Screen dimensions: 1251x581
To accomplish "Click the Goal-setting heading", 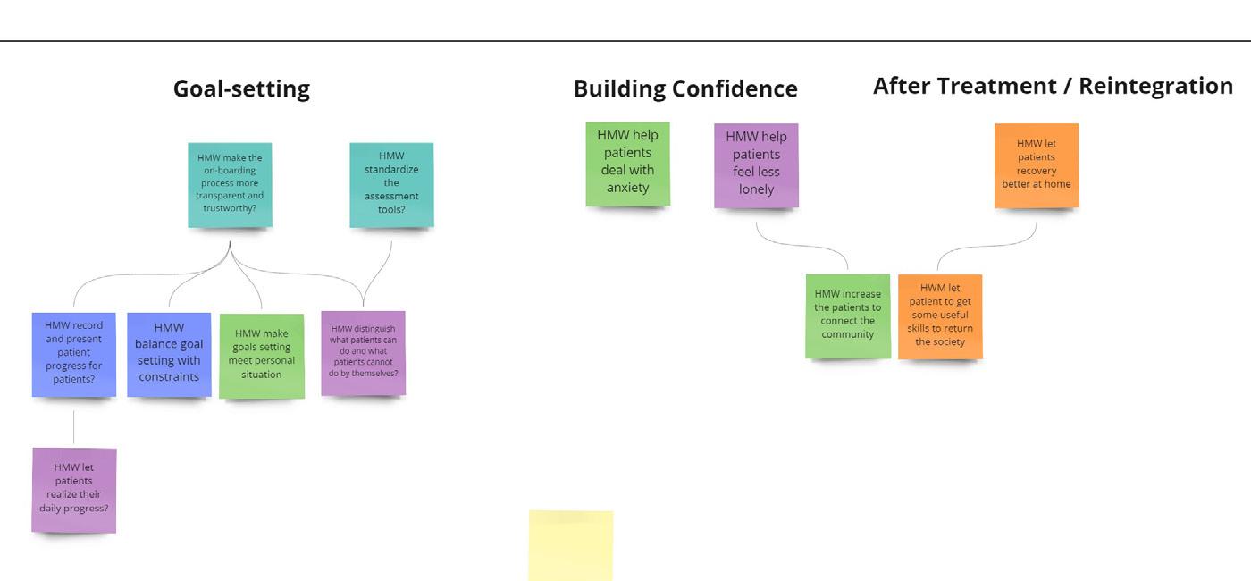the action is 241,89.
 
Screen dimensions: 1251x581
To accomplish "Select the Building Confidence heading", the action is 685,89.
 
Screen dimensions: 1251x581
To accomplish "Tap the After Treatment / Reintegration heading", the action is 1053,86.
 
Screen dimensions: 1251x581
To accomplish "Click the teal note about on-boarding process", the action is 230,184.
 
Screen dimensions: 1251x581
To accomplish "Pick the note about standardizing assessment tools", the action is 391,184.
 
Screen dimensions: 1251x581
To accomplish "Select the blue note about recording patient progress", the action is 74,354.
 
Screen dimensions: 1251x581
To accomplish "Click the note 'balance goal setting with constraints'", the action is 169,354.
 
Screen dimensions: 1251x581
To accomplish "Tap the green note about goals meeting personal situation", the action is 261,355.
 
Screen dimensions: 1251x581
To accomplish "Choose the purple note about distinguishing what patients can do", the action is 363,352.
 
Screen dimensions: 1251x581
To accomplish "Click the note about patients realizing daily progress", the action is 74,489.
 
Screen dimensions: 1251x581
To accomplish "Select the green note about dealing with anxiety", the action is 627,164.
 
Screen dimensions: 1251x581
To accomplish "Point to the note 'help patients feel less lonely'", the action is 756,165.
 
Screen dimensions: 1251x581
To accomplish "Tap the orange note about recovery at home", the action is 1037,165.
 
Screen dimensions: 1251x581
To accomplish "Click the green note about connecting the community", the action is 847,315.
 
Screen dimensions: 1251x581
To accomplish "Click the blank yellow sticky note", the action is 571,545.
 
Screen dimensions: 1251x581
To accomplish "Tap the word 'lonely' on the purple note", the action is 756,189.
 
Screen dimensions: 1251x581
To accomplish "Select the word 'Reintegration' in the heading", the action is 1155,86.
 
